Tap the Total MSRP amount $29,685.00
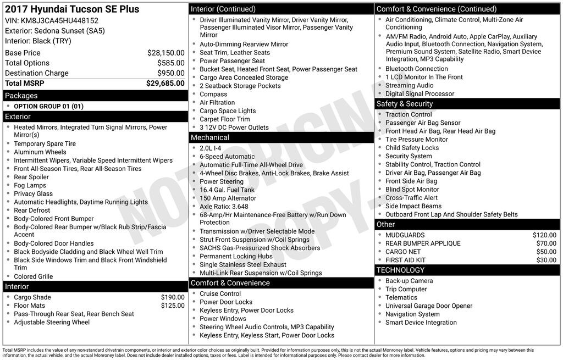[x=165, y=84]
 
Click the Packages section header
[x=21, y=96]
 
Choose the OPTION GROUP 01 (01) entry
[x=48, y=106]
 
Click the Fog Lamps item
[x=30, y=185]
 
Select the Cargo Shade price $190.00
[x=173, y=297]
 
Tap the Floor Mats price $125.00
[x=173, y=306]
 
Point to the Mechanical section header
[x=209, y=137]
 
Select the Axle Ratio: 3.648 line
[x=220, y=206]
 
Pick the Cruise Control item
[x=220, y=293]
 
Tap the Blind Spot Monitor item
[x=412, y=190]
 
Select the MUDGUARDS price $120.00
[x=544, y=235]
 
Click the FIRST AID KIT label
[x=406, y=260]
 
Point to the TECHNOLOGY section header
[x=400, y=270]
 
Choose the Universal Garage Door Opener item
[x=429, y=306]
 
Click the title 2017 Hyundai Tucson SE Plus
[x=72, y=9]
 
